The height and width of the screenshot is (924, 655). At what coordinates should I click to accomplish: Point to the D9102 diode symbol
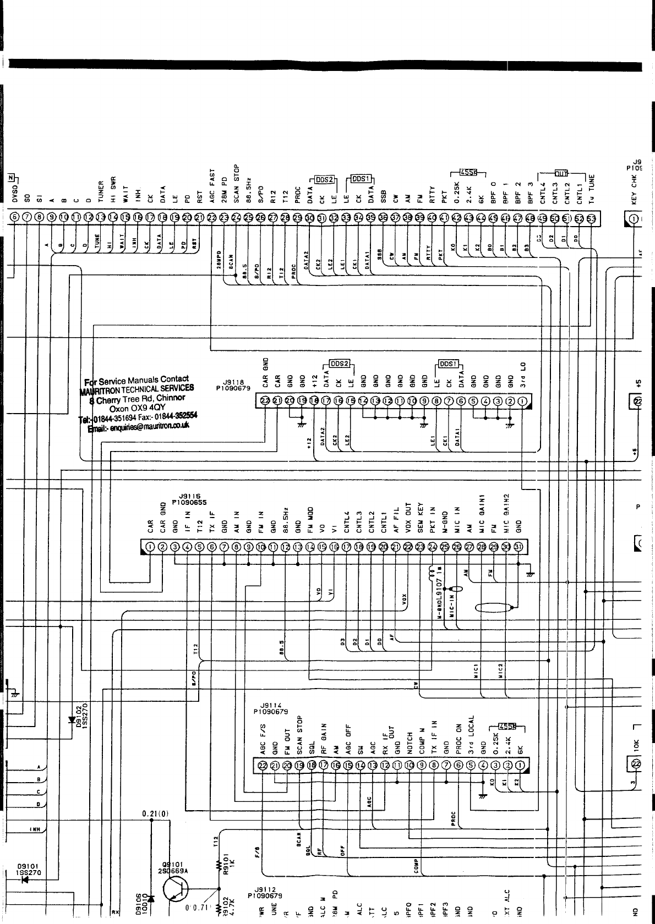[72, 719]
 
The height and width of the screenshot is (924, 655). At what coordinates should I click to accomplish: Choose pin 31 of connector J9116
[518, 547]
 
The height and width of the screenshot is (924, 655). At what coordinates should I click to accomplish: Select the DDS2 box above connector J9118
[340, 364]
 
